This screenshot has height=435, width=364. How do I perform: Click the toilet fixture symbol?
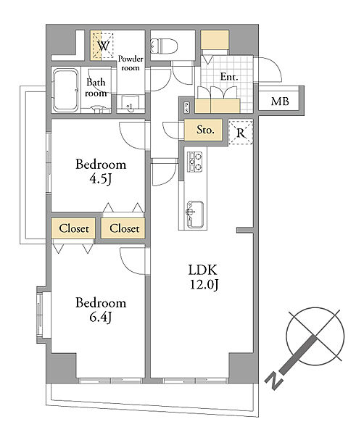click(x=165, y=46)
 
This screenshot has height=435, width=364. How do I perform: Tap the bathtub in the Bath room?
click(x=65, y=90)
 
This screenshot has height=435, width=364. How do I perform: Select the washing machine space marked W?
click(x=103, y=46)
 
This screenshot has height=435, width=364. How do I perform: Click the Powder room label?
click(x=131, y=63)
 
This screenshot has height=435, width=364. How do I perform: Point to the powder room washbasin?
click(x=131, y=103)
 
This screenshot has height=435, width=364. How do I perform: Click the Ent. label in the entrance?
click(x=229, y=77)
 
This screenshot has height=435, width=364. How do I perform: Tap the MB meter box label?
click(x=280, y=101)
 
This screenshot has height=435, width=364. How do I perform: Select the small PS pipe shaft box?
click(x=187, y=107)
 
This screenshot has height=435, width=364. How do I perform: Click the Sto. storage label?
click(x=205, y=130)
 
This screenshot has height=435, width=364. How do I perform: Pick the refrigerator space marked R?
click(x=241, y=133)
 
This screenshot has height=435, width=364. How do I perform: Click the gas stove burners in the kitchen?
click(x=195, y=162)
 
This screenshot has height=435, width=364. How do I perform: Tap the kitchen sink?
click(x=195, y=215)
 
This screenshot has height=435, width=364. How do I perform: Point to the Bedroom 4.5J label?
click(x=101, y=172)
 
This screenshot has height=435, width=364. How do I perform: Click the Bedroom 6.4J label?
click(x=101, y=310)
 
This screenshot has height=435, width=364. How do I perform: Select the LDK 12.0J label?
click(x=202, y=277)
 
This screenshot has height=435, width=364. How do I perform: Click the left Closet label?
click(x=74, y=228)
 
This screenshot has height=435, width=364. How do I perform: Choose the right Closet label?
click(x=124, y=228)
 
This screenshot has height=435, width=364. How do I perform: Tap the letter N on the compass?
click(x=274, y=381)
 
